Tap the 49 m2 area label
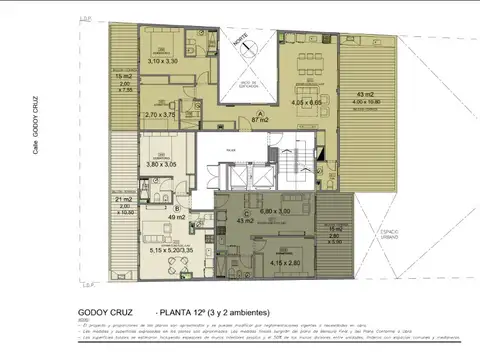(x=177, y=216)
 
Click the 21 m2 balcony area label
(x=126, y=200)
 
